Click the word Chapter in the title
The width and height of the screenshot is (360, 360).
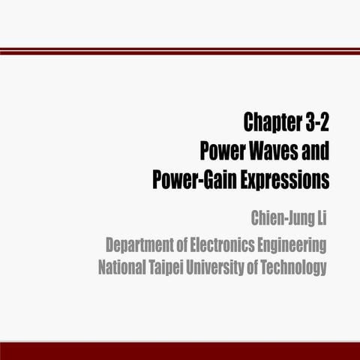click(x=271, y=123)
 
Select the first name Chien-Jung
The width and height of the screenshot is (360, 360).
click(x=279, y=219)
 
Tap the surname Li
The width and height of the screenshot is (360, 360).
click(x=321, y=219)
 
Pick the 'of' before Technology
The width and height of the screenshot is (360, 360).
click(x=260, y=268)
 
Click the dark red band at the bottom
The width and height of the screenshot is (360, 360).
click(x=180, y=351)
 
